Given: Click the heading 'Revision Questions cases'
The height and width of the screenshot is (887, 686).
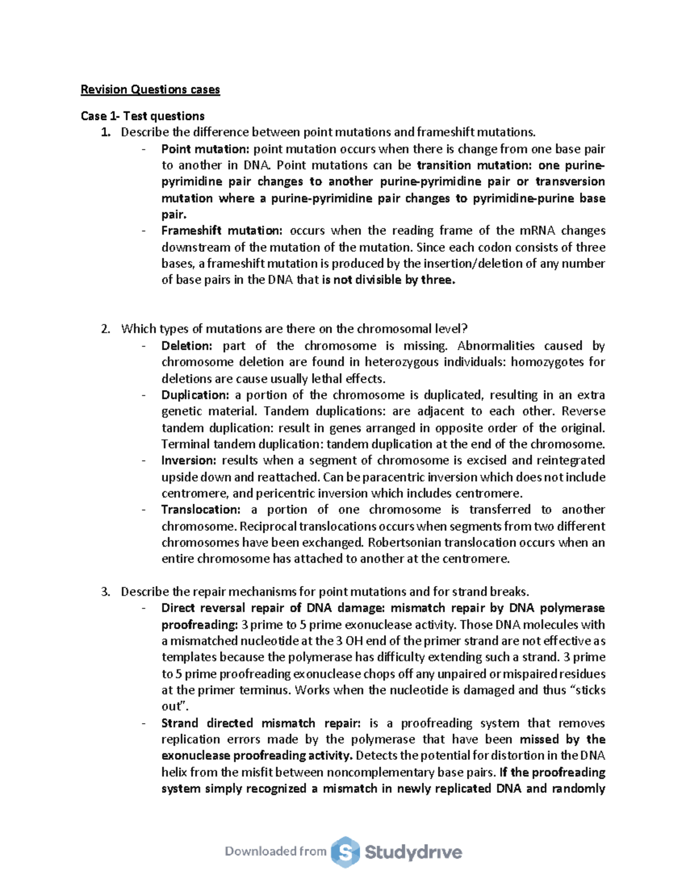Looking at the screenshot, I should (150, 90).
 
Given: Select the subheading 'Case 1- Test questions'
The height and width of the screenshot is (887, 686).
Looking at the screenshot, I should (142, 116).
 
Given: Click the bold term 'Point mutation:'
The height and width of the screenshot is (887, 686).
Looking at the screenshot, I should (205, 149).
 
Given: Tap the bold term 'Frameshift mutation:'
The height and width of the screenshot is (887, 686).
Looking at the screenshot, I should (222, 231).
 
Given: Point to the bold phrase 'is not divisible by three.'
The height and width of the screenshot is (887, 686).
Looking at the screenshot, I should (389, 280).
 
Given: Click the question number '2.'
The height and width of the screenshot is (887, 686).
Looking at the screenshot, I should (105, 329).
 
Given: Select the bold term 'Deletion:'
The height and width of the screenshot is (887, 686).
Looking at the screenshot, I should (186, 346).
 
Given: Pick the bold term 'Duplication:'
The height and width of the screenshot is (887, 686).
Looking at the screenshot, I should (195, 395).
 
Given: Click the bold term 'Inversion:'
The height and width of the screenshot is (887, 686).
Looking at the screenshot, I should (189, 460).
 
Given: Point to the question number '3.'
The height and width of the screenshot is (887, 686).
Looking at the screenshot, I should (105, 592).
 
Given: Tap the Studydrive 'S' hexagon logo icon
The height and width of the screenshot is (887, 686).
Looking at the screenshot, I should (345, 852).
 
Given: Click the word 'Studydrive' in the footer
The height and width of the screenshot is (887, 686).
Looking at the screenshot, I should (413, 852).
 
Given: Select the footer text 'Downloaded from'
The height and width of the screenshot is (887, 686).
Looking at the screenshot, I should (276, 852).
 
